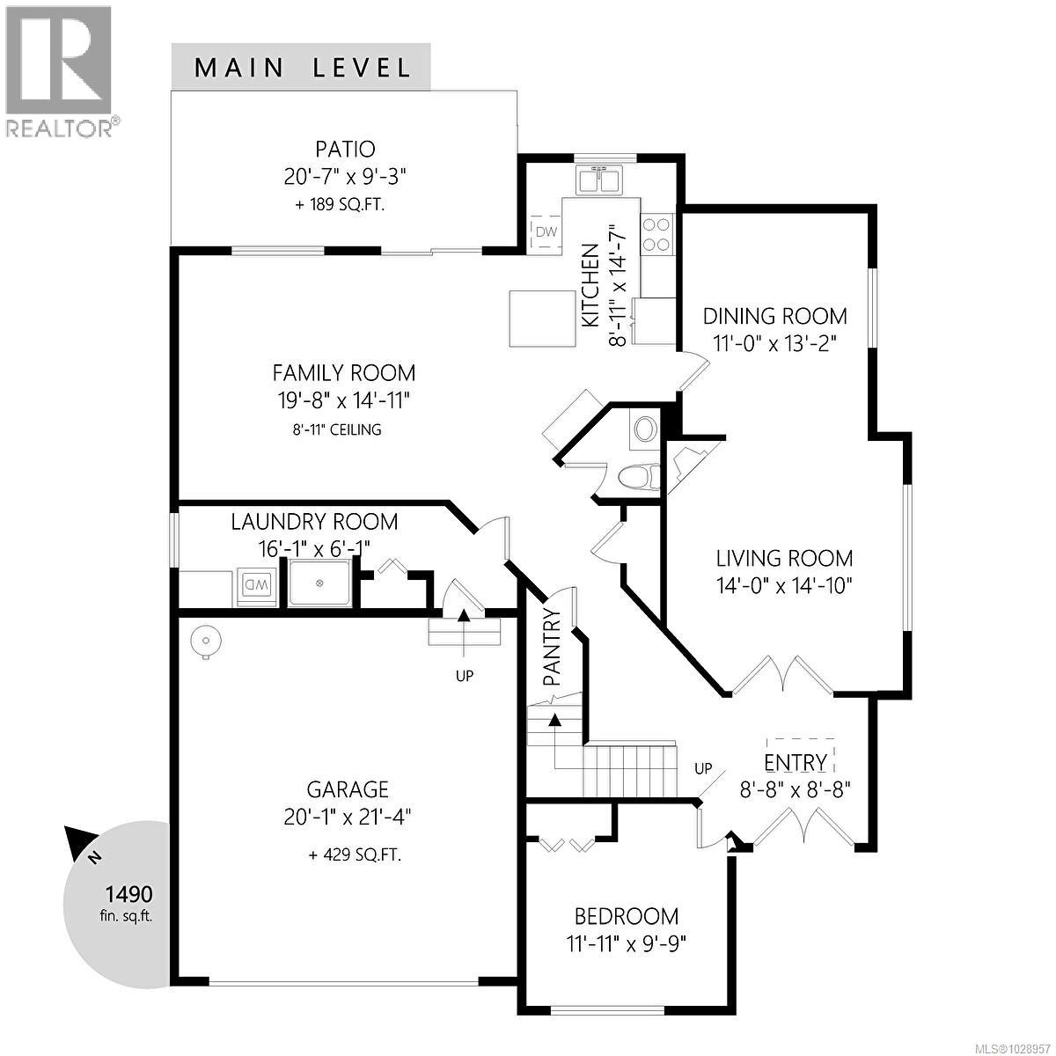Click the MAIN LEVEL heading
[x=302, y=68]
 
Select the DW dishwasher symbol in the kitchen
[x=546, y=232]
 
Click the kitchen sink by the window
[x=599, y=180]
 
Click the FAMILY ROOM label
[x=343, y=372]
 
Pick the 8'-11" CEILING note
[x=343, y=430]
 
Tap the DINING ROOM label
[x=775, y=316]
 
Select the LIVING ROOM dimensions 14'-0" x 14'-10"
[x=784, y=585]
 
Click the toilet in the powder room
[x=638, y=478]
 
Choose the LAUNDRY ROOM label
[x=314, y=522]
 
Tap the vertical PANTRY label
[x=553, y=647]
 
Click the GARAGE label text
[x=348, y=789]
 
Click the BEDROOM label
[x=627, y=916]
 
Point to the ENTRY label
[x=796, y=762]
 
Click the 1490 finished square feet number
[x=128, y=895]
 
